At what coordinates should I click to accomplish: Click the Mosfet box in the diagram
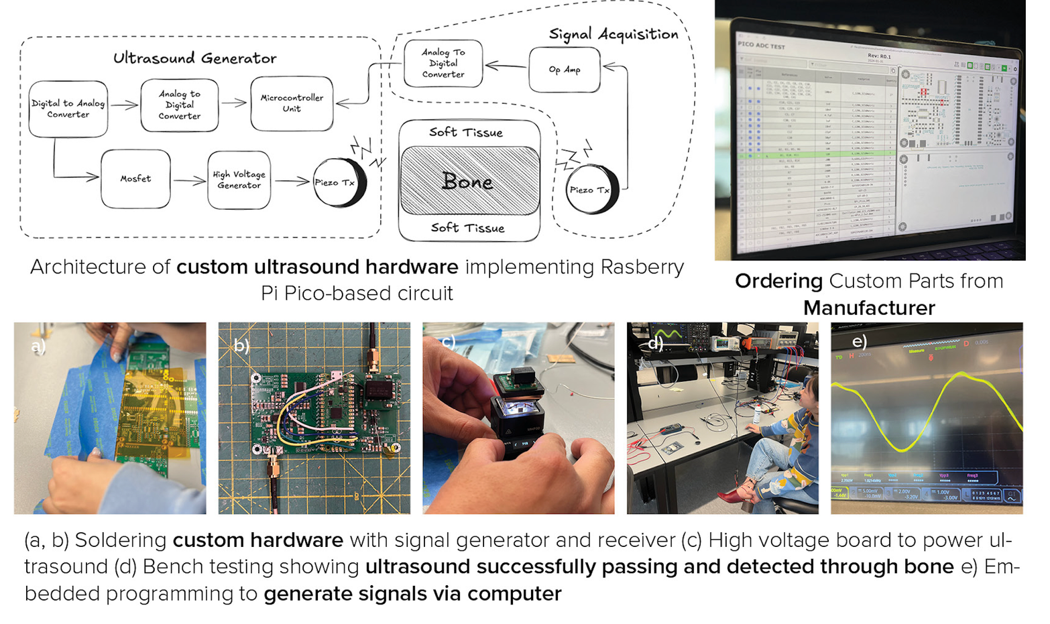(x=135, y=179)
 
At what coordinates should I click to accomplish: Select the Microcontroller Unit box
(x=292, y=103)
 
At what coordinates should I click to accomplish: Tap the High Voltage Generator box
(x=239, y=180)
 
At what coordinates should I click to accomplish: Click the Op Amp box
(x=565, y=70)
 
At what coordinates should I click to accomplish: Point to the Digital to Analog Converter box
(x=68, y=109)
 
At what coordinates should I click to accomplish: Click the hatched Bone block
(x=469, y=181)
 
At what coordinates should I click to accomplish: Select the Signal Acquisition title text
(x=613, y=34)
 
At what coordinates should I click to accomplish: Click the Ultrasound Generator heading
(x=194, y=58)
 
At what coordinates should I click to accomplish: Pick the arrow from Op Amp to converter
(x=506, y=66)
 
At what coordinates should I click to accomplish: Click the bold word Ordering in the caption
(x=778, y=281)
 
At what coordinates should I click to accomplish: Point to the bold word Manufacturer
(x=869, y=308)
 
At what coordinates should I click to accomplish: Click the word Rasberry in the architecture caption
(x=642, y=267)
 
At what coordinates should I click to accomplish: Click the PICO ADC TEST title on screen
(x=761, y=46)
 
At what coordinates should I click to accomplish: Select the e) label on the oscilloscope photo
(x=859, y=341)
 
